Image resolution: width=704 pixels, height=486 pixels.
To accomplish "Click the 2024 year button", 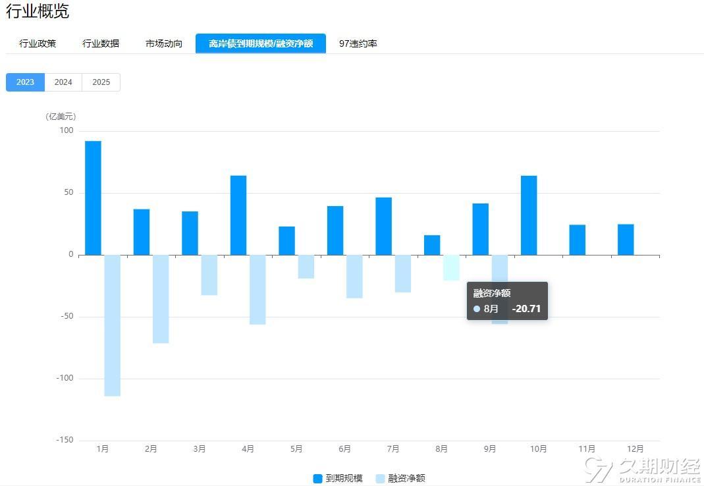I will [x=63, y=82].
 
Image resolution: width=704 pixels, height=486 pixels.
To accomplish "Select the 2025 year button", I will [x=101, y=82].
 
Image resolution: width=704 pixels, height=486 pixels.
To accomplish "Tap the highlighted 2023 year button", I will [x=25, y=82].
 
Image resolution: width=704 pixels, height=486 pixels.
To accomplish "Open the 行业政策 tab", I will [x=38, y=43].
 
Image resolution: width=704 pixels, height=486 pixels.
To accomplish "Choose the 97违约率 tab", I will [x=358, y=43].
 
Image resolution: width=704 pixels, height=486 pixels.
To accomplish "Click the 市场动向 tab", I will [x=164, y=43].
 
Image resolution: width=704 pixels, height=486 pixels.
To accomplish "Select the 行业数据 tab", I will [x=101, y=43].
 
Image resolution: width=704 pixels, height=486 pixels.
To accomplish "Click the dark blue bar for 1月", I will [x=93, y=198].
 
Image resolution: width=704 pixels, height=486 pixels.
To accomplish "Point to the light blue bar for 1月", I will [x=113, y=325].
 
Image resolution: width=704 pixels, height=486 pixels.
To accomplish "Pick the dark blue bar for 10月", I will [x=529, y=215].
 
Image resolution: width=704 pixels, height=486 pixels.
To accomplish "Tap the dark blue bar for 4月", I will [x=238, y=215].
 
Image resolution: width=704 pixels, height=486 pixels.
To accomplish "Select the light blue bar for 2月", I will [x=161, y=299].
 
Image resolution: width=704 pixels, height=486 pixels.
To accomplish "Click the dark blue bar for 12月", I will [x=626, y=240].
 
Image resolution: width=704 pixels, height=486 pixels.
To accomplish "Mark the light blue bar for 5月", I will [x=306, y=267].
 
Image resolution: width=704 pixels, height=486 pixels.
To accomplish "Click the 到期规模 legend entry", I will [x=338, y=478].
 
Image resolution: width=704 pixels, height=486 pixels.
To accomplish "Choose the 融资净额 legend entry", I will [x=400, y=478].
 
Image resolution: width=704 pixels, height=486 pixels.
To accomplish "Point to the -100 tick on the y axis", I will [x=65, y=379].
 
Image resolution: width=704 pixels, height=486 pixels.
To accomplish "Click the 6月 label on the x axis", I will [x=344, y=449].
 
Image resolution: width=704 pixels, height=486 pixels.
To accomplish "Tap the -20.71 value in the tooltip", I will [x=526, y=308].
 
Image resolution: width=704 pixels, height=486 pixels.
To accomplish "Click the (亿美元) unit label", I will [x=61, y=117].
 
